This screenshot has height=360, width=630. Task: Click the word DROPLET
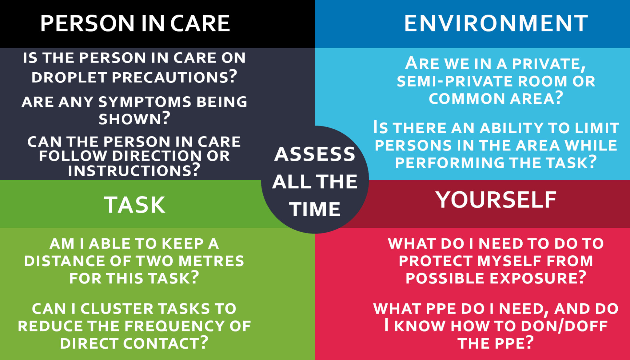tap(69, 77)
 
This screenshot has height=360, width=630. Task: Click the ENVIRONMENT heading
tap(496, 23)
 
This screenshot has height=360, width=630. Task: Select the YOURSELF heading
tap(496, 200)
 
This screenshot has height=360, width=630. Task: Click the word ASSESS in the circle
tap(315, 154)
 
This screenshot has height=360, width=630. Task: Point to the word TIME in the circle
tap(315, 209)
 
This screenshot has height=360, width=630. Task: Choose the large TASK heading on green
tap(135, 205)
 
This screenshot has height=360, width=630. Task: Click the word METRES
tap(211, 261)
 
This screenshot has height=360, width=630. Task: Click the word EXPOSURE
tap(538, 278)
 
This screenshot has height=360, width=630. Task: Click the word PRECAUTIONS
tap(174, 77)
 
